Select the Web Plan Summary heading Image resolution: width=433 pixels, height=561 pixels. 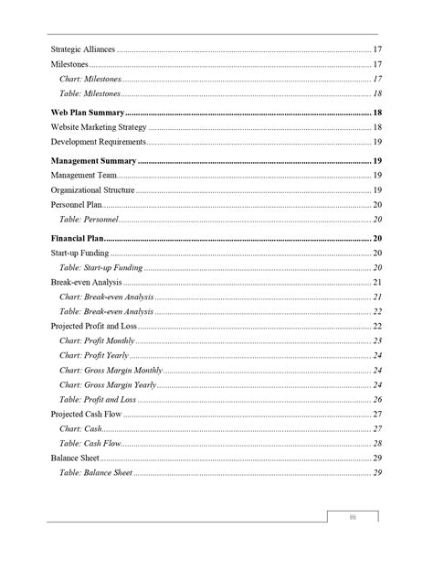88,111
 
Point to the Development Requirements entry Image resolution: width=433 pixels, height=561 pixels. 98,142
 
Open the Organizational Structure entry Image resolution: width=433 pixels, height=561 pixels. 92,189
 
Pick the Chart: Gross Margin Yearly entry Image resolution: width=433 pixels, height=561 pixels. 108,385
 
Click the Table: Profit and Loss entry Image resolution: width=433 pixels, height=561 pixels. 98,400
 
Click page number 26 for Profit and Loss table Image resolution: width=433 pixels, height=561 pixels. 377,400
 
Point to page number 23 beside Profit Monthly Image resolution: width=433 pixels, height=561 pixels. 377,340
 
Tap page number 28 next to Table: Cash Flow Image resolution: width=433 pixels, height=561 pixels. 377,443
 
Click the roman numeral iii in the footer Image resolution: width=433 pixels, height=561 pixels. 353,518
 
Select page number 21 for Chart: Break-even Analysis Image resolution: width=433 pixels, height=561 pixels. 377,297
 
